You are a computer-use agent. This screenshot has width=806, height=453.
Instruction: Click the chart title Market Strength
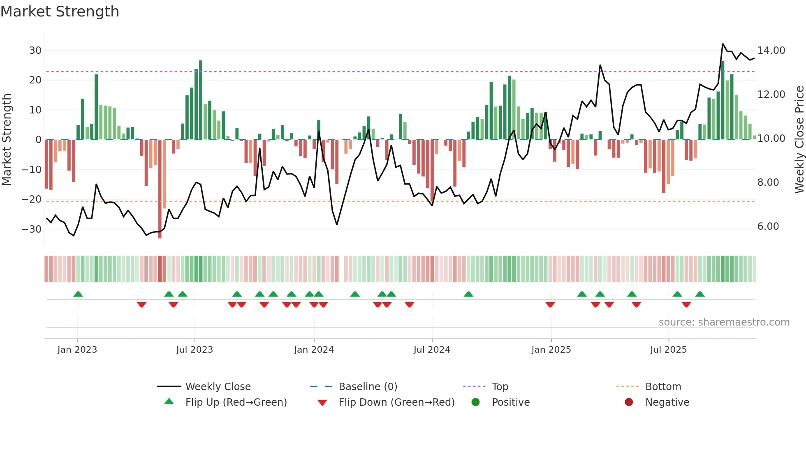[x=60, y=12]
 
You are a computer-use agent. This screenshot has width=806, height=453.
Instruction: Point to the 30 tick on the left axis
[x=35, y=51]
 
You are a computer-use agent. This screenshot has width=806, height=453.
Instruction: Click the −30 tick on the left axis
[x=32, y=229]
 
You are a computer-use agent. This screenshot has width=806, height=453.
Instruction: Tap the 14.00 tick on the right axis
[x=771, y=51]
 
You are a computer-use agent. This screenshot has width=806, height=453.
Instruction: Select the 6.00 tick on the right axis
[x=768, y=226]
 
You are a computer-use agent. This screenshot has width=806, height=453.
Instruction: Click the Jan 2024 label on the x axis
[x=314, y=350]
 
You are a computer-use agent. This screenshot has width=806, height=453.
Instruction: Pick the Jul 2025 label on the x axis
[x=668, y=350]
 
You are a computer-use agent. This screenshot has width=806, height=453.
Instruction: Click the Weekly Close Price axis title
[x=799, y=140]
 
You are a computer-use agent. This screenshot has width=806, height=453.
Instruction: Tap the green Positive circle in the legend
[x=476, y=402]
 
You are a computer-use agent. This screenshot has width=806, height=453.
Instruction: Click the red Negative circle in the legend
[x=629, y=402]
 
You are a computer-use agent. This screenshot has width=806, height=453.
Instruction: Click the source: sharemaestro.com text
[x=724, y=322]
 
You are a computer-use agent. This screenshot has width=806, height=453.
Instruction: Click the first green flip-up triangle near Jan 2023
[x=78, y=294]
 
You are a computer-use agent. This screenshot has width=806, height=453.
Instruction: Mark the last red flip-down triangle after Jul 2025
[x=686, y=305]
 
